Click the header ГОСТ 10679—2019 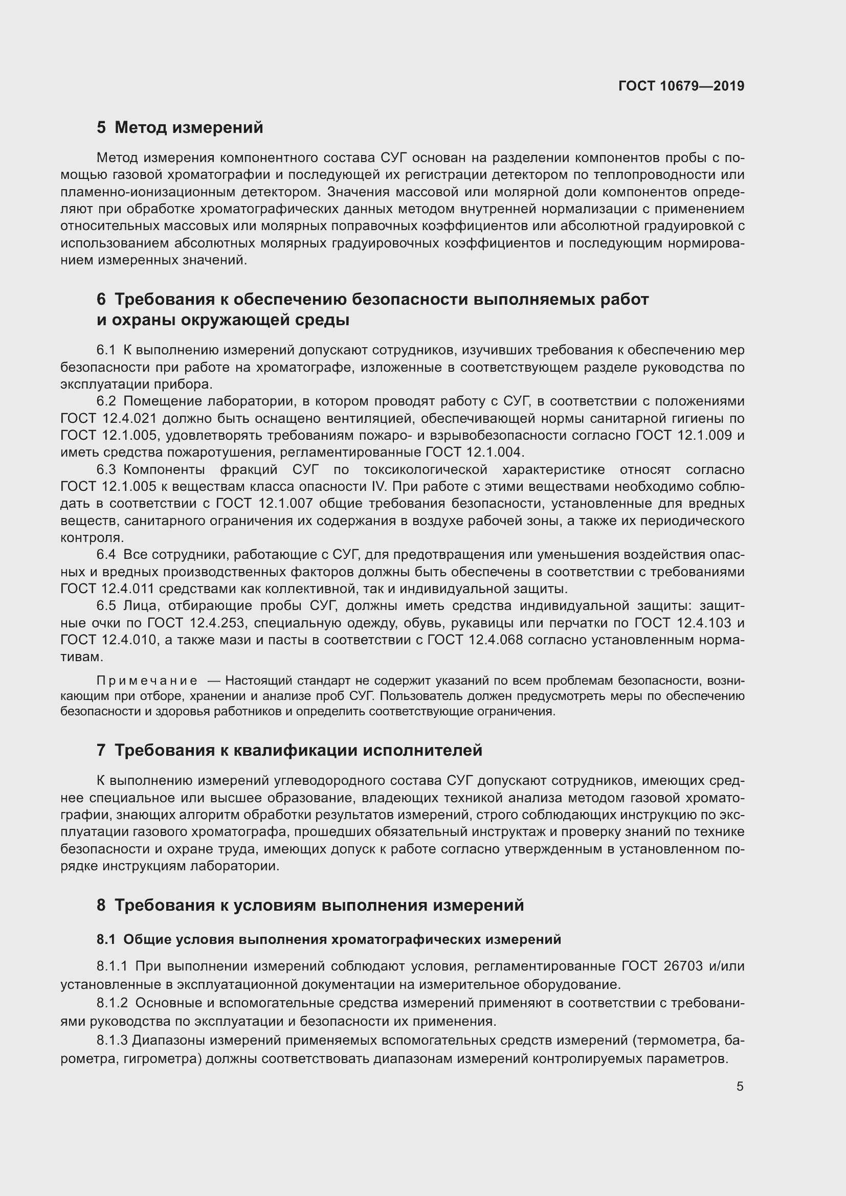[x=681, y=86]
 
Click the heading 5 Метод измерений [x=180, y=127]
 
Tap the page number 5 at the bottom [x=740, y=1087]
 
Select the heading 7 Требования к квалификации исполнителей [x=289, y=750]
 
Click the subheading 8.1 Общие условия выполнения [x=329, y=939]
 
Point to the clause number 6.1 [x=106, y=350]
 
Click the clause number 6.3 [x=106, y=469]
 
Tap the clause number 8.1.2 [x=112, y=1003]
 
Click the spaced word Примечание [x=147, y=681]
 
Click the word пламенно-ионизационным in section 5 [x=145, y=192]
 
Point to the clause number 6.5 [x=106, y=606]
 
